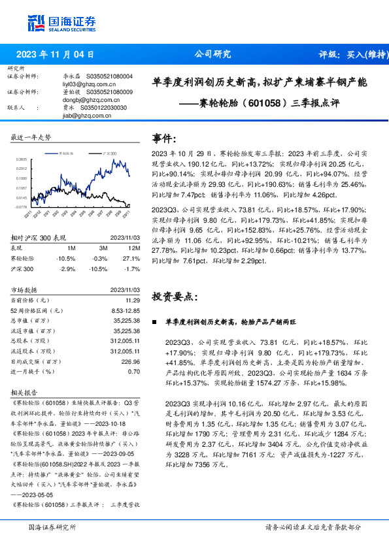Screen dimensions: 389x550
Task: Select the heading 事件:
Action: [x=164, y=138]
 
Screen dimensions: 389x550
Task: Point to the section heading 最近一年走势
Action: [x=31, y=137]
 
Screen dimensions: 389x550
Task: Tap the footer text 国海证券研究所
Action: [x=53, y=527]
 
